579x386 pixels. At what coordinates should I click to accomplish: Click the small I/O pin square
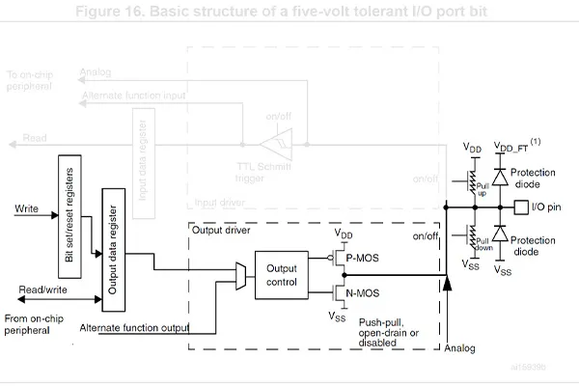(x=522, y=207)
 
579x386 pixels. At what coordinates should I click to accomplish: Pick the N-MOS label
(x=365, y=291)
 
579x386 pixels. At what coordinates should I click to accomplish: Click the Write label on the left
(x=28, y=207)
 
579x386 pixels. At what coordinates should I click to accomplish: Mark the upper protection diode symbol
(x=500, y=178)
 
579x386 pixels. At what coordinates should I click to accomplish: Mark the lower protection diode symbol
(x=500, y=234)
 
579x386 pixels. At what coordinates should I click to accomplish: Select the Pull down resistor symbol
(x=474, y=234)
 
